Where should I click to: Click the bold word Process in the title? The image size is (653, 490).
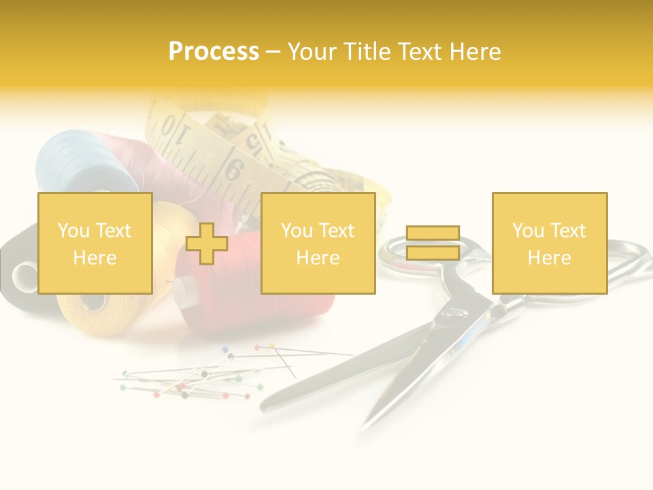(214, 52)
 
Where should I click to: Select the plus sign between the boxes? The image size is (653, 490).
(207, 244)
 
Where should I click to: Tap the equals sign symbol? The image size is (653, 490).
(433, 243)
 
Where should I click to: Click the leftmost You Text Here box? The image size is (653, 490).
(95, 244)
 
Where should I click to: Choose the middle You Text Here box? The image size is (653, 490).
(318, 244)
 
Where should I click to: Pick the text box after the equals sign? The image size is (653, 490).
(549, 244)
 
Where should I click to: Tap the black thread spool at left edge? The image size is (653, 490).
(17, 272)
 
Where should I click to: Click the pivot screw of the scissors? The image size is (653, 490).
(454, 312)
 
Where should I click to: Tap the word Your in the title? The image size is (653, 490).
(309, 52)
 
